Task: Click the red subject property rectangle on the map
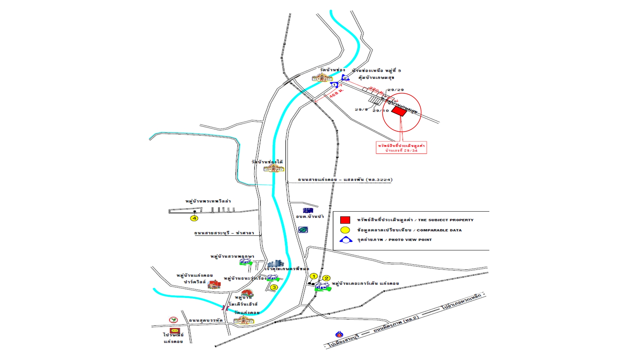click(x=399, y=111)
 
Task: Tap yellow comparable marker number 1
click(x=313, y=276)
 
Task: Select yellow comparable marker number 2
click(x=326, y=278)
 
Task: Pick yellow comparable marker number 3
click(x=274, y=287)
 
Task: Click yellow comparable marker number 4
click(x=194, y=218)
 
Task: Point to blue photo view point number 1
click(x=334, y=85)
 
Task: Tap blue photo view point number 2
click(x=345, y=78)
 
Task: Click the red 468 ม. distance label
click(x=336, y=93)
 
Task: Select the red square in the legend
click(x=345, y=220)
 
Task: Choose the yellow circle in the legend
click(x=345, y=230)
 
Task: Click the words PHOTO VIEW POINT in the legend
click(x=410, y=240)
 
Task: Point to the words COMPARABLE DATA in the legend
click(x=439, y=230)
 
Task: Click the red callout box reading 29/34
click(x=401, y=148)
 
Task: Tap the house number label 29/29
click(x=396, y=90)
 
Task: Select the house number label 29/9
click(x=361, y=110)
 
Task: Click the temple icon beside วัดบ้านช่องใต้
click(x=274, y=168)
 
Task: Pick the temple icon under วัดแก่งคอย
click(x=244, y=320)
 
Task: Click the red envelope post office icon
click(x=175, y=331)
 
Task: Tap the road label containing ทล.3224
click(x=345, y=180)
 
